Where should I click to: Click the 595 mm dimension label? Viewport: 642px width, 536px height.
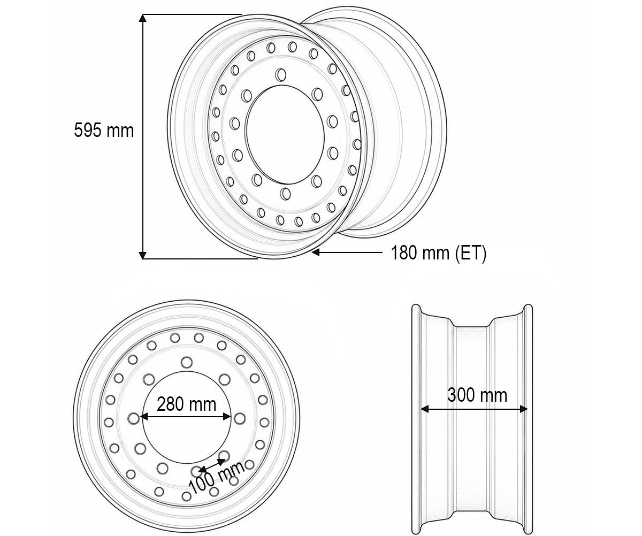point(104,130)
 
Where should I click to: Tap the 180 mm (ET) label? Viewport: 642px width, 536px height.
point(439,253)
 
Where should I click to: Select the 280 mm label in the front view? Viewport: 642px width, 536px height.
point(187,404)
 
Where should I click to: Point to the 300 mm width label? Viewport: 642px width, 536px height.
point(477,395)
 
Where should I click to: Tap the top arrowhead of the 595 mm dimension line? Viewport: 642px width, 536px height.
point(142,18)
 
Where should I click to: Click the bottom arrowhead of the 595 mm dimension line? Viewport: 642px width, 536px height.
point(142,255)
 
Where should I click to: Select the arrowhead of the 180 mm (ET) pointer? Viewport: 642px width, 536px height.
point(316,252)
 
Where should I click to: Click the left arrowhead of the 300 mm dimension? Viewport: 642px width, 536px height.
point(425,409)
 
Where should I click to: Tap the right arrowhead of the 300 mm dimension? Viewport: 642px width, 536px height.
point(524,409)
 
